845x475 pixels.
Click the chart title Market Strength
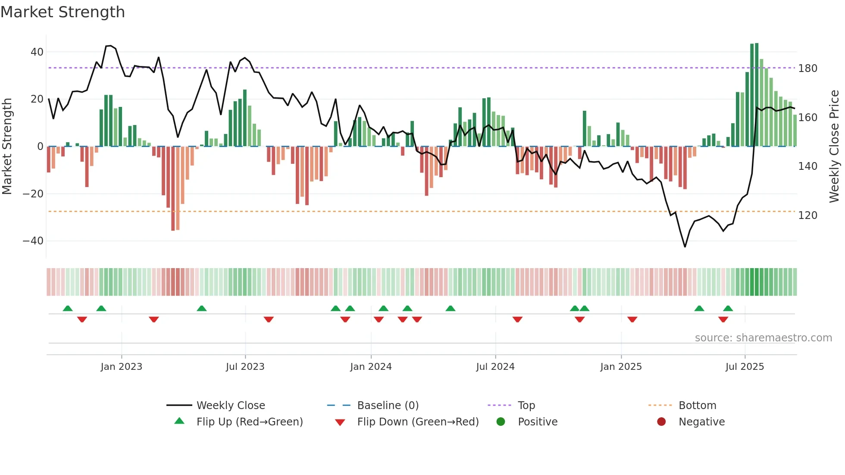point(63,12)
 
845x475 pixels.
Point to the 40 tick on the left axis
point(37,52)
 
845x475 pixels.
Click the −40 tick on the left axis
point(33,241)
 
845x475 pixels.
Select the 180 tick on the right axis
point(807,69)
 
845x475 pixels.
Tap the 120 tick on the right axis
point(807,216)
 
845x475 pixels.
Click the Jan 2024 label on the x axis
point(371,367)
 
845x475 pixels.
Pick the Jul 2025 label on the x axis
point(745,367)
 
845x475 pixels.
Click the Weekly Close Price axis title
point(834,147)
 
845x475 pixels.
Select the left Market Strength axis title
point(7,147)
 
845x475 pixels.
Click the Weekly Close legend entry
point(231,406)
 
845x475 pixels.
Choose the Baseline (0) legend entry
point(388,406)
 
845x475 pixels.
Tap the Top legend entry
point(526,406)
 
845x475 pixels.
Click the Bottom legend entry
point(697,406)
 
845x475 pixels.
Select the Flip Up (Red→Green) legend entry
point(250,422)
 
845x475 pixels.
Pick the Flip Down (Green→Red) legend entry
point(418,422)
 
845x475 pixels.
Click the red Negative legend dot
point(661,422)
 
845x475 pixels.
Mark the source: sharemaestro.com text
point(763,338)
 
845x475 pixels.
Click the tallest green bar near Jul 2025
point(757,95)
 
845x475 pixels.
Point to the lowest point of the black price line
point(685,247)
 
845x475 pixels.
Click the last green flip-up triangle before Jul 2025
point(728,309)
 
